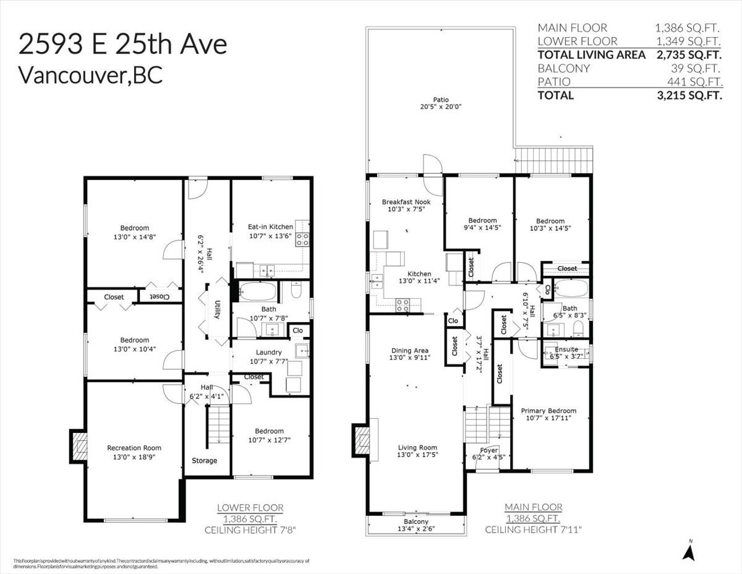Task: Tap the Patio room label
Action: [441, 100]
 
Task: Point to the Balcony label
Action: [417, 521]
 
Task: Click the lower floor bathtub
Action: [254, 291]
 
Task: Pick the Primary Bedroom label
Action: [548, 411]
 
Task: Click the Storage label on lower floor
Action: [204, 460]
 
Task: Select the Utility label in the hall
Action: [218, 309]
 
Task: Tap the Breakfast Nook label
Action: [406, 202]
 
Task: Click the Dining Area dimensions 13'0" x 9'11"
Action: [409, 358]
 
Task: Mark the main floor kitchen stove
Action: [403, 304]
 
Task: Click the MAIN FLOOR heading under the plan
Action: [533, 507]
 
